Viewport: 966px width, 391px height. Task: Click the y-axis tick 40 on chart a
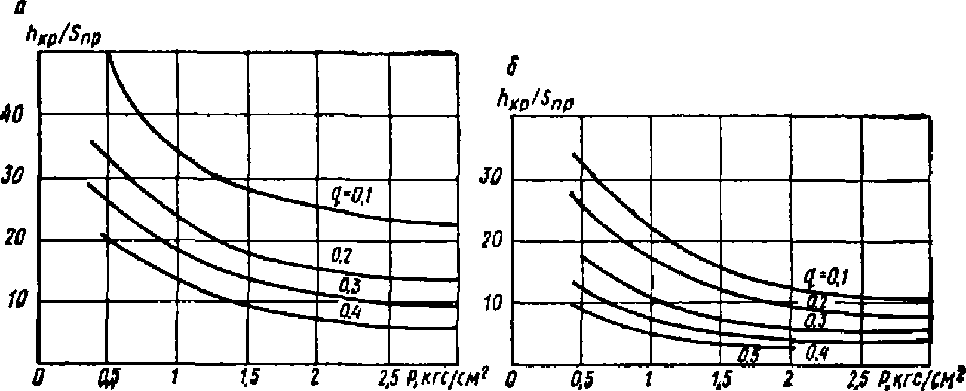[x=14, y=115]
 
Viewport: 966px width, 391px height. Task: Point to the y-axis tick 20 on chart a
[x=14, y=239]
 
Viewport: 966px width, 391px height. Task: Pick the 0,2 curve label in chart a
[x=342, y=257]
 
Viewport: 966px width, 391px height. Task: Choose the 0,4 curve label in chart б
[x=816, y=353]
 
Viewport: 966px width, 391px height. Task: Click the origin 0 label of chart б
[x=510, y=381]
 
